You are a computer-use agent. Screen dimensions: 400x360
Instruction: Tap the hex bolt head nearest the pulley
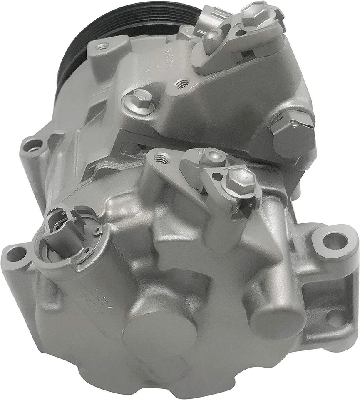[x=254, y=12]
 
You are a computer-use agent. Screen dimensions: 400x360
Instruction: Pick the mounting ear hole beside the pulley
[x=102, y=46]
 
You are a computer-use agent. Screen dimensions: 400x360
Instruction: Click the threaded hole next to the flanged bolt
[x=180, y=84]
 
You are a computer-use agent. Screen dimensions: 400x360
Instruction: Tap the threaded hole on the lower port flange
[x=162, y=158]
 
